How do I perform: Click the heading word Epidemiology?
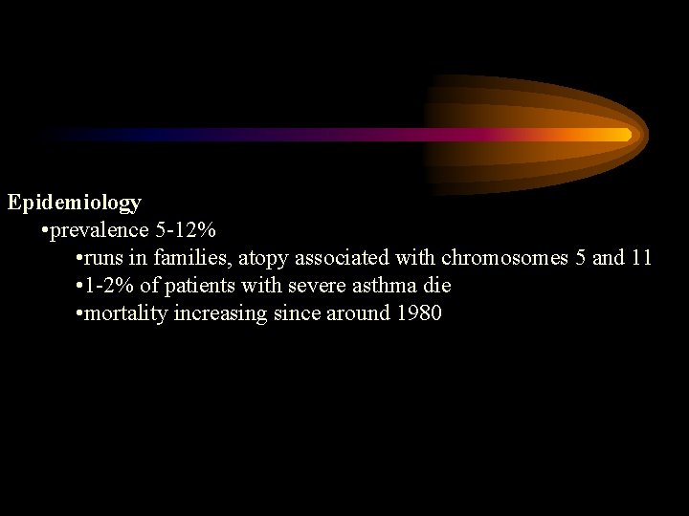coord(75,203)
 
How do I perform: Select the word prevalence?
coord(100,230)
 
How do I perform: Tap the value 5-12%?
coord(186,230)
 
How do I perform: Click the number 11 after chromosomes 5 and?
coord(640,258)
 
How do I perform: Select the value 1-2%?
coord(108,286)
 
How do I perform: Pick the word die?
coord(436,286)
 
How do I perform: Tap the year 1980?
coord(418,313)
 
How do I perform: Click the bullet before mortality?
coord(78,314)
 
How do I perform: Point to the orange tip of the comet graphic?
coord(627,134)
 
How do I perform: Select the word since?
coord(289,313)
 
